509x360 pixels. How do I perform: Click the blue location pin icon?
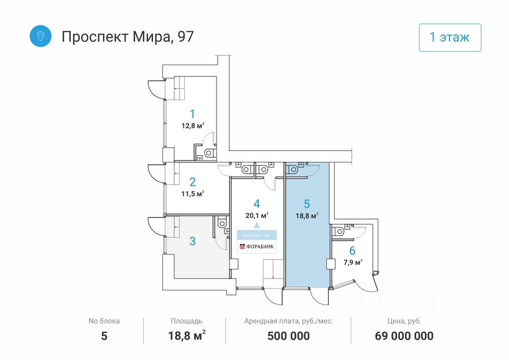pos(41,36)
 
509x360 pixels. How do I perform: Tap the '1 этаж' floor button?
pos(450,38)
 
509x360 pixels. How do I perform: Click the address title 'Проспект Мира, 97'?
pos(127,37)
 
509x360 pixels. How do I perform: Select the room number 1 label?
pos(192,113)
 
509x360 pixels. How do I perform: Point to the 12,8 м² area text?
pos(192,126)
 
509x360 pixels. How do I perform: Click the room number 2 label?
pos(192,182)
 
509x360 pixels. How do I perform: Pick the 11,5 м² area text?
pos(192,194)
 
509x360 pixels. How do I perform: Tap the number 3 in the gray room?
pos(192,241)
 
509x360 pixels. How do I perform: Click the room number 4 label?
pos(257,203)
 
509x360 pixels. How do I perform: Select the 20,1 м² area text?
pos(257,215)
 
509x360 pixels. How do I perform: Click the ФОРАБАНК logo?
pos(257,246)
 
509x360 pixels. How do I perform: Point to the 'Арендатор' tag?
pos(257,234)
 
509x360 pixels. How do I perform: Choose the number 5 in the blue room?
pos(307,203)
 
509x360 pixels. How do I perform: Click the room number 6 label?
pos(352,251)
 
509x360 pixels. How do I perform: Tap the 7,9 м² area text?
pos(352,262)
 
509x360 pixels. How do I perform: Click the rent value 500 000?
pos(288,336)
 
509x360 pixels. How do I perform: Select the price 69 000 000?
pos(404,336)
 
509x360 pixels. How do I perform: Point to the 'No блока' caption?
pos(104,321)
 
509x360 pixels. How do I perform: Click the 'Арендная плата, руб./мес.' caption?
pos(288,321)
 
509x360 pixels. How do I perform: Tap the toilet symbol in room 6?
pos(339,231)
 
